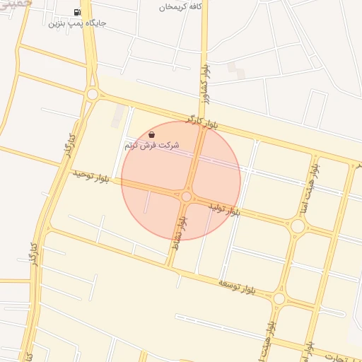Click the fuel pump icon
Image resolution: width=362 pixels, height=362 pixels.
pos(76,13)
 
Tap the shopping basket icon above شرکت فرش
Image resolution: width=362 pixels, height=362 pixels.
pos(152,134)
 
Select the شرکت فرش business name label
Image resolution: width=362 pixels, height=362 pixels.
pos(152,145)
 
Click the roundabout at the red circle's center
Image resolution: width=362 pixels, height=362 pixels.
pos(187,197)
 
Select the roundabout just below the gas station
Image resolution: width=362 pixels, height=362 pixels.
pos(92,93)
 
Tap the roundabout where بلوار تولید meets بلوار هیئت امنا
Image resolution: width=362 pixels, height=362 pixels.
pos(298,226)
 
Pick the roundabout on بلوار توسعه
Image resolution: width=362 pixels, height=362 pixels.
pos(279,298)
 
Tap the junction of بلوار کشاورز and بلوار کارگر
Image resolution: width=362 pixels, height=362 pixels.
pos(203,118)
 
